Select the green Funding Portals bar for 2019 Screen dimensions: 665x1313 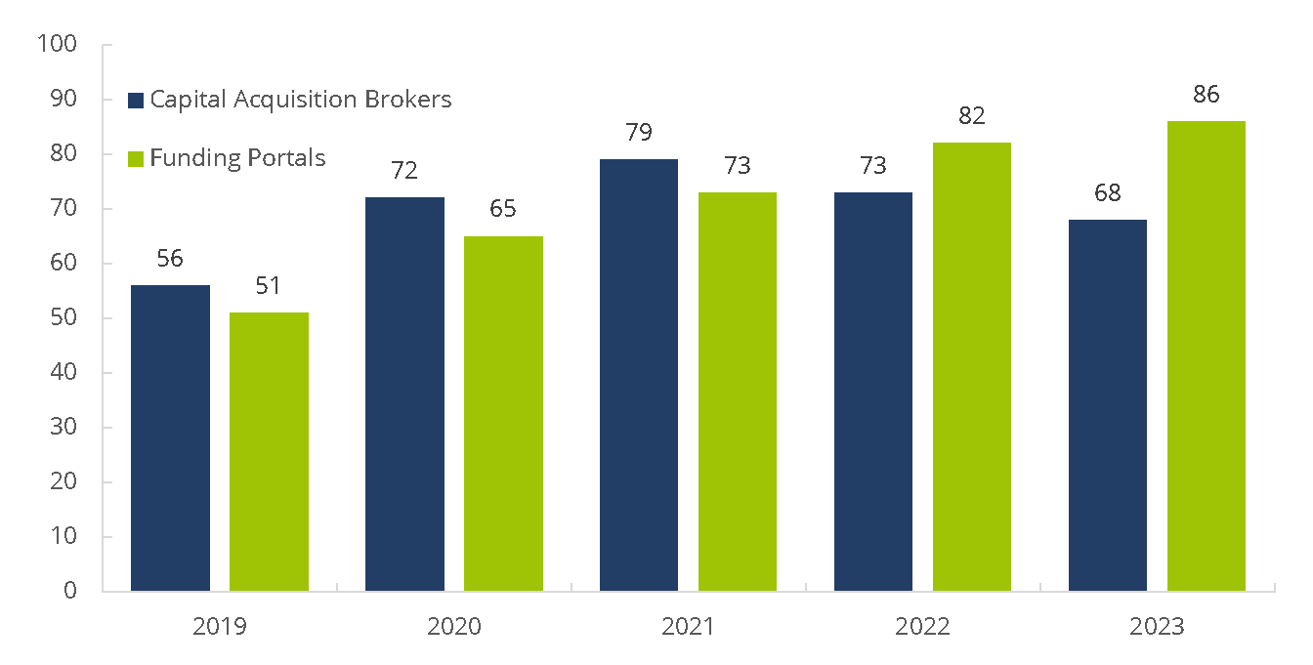[x=269, y=451]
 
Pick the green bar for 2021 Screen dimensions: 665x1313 [x=738, y=391]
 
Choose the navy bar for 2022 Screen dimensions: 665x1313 [x=873, y=391]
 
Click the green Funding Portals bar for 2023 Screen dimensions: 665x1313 [x=1207, y=355]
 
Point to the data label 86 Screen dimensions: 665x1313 [x=1207, y=96]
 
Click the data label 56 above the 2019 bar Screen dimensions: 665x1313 [x=170, y=259]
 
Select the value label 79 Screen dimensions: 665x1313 [x=639, y=133]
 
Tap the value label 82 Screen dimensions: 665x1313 [x=972, y=116]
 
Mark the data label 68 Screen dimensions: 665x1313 [x=1108, y=193]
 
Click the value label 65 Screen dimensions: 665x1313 [x=503, y=210]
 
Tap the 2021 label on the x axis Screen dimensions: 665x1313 [x=688, y=627]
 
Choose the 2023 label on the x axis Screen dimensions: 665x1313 [x=1157, y=627]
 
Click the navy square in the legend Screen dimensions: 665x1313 [x=136, y=100]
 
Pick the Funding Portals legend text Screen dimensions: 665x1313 [x=237, y=158]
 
